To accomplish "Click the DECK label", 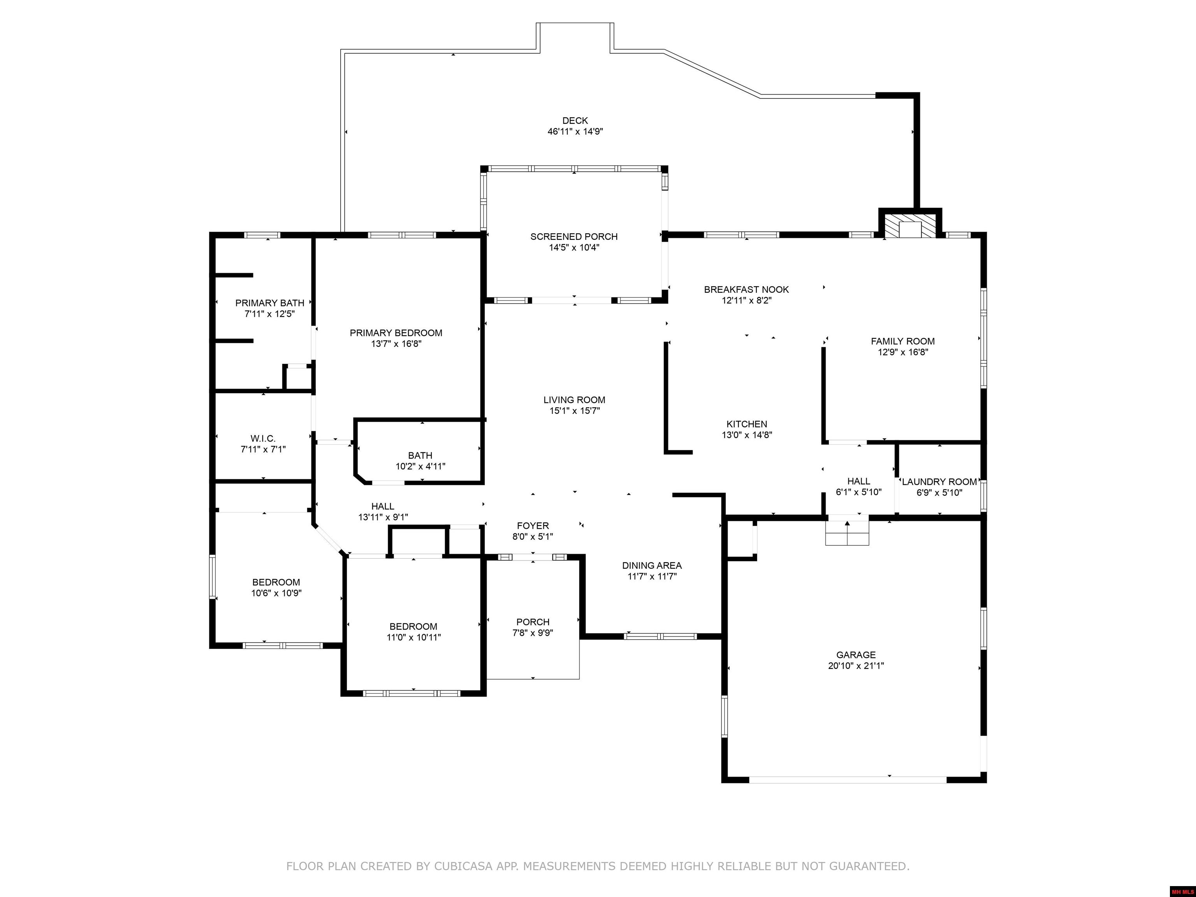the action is (575, 121).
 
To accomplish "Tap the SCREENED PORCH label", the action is (574, 236).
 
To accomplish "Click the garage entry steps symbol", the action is (847, 533).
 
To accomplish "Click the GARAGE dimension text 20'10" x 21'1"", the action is (856, 666).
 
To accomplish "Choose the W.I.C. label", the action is (263, 438).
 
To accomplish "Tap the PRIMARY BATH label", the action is (269, 303).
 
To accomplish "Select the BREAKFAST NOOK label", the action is (746, 289).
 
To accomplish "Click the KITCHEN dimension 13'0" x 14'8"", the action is (747, 435).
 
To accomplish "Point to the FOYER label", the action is (533, 526).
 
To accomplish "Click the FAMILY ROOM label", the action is (902, 341).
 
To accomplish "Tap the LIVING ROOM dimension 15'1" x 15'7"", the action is (574, 410).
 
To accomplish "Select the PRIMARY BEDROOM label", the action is (396, 332).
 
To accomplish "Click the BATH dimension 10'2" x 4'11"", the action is (420, 466).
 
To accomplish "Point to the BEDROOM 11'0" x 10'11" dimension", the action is (413, 637).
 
